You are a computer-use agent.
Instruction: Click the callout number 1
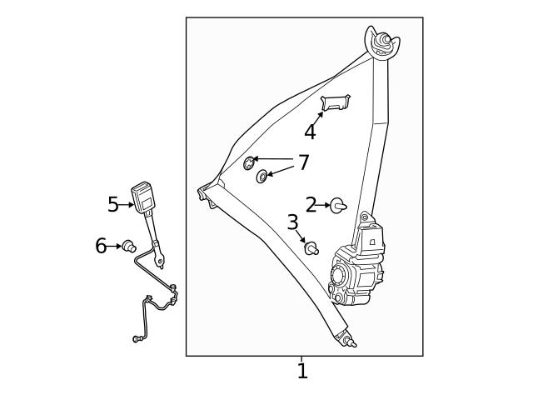click(302, 371)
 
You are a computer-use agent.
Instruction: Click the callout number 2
click(311, 205)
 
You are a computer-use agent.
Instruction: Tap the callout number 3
click(292, 222)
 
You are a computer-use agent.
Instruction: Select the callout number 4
click(310, 132)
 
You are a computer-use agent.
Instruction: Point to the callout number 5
click(113, 203)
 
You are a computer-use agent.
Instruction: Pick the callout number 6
click(101, 246)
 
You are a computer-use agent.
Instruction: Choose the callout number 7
click(303, 162)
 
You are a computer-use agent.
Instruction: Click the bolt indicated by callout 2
click(338, 205)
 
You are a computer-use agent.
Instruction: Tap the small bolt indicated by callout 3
click(311, 248)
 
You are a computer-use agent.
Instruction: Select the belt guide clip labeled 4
click(336, 102)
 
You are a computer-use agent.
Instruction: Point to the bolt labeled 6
click(129, 246)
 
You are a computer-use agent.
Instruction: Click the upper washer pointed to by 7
click(249, 162)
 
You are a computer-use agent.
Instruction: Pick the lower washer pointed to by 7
click(262, 176)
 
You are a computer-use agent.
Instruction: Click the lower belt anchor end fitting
click(347, 339)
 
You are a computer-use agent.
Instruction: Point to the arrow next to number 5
click(127, 204)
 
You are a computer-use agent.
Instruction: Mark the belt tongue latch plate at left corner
click(205, 195)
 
